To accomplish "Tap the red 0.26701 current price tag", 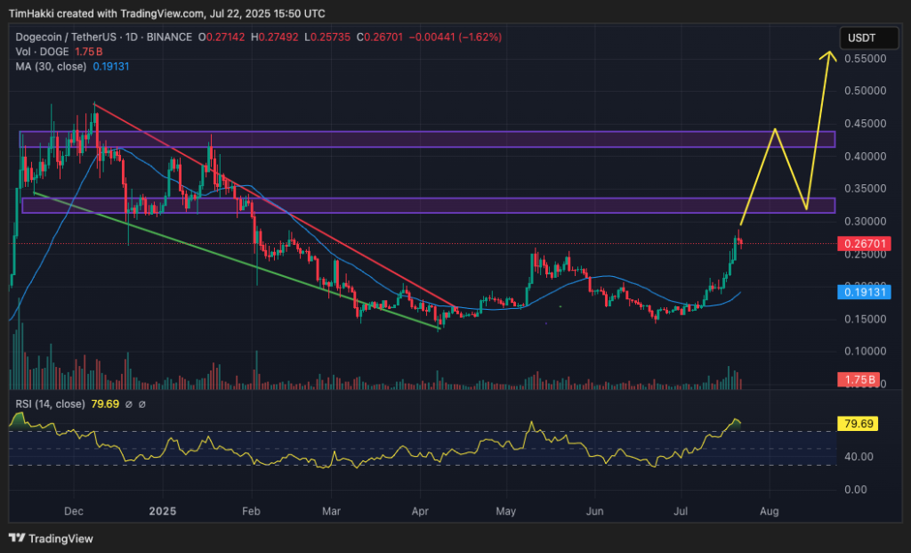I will point(859,242).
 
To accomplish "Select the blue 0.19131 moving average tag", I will point(859,291).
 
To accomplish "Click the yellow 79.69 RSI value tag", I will point(858,423).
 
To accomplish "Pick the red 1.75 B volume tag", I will point(858,380).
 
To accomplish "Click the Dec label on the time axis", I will point(75,511).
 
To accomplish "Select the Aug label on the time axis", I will point(770,511).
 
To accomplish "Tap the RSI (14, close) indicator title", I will point(51,404).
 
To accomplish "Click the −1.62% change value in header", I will point(480,37).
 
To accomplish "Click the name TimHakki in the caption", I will point(34,13).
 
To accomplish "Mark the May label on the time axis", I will point(506,511).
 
